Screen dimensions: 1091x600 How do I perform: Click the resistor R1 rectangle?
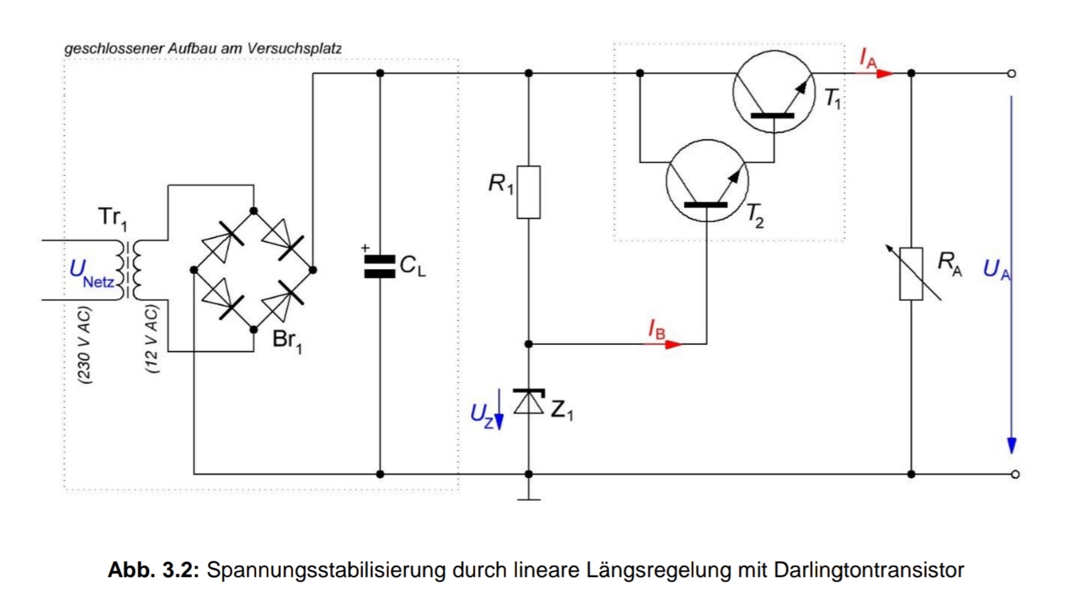click(529, 192)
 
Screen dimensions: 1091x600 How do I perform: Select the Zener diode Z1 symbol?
click(529, 401)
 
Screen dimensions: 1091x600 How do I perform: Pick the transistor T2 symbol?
click(707, 181)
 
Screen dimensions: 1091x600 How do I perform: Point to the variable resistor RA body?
click(911, 274)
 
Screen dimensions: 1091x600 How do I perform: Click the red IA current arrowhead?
click(884, 74)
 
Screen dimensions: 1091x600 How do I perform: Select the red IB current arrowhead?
click(673, 344)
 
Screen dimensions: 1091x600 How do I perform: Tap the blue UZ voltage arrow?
click(499, 409)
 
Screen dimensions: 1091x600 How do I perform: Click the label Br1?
click(287, 340)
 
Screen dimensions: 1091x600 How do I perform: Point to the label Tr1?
click(113, 218)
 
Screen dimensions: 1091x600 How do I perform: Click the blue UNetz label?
click(92, 273)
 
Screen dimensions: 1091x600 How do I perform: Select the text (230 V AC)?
click(84, 345)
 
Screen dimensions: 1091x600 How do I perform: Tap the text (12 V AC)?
click(151, 339)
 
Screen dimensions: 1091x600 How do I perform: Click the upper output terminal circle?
click(1011, 74)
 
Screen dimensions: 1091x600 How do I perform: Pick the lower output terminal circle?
click(1015, 474)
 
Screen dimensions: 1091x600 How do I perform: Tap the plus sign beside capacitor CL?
click(366, 248)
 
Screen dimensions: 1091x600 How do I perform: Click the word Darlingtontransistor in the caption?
click(869, 570)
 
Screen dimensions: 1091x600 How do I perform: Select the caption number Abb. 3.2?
click(154, 570)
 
